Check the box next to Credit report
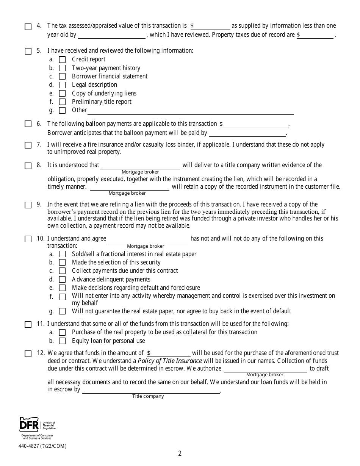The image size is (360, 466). (x=62, y=59)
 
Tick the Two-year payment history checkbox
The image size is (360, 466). (x=62, y=68)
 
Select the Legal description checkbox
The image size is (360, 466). (x=62, y=85)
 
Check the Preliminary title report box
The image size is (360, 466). (x=62, y=102)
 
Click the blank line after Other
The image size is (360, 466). (x=191, y=111)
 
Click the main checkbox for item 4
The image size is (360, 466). (x=28, y=27)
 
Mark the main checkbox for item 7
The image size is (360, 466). (x=28, y=145)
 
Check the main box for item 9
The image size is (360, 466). (x=28, y=205)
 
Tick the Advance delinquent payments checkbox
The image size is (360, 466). (x=62, y=280)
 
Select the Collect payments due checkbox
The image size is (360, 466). (x=62, y=271)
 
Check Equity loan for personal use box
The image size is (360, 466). (x=62, y=341)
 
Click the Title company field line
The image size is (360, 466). (x=151, y=390)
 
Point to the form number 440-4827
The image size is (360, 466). (x=42, y=446)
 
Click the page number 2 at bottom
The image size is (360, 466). (x=180, y=453)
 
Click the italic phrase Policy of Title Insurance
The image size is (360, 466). (x=170, y=361)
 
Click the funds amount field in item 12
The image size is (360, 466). (x=171, y=353)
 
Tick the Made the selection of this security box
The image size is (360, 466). (x=62, y=263)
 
